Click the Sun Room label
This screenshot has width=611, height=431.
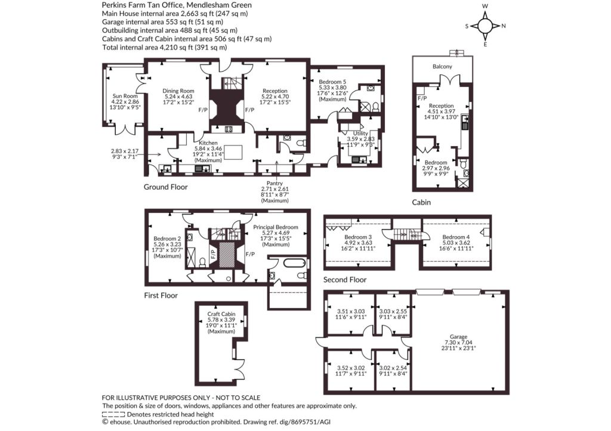point(125,96)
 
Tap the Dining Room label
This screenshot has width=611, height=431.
point(178,91)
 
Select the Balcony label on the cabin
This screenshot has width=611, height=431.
point(442,67)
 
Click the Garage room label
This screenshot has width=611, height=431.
point(458,337)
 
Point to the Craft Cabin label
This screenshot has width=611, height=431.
point(221,314)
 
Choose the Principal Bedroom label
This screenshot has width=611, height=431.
point(276,227)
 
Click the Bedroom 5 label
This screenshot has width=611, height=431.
point(332,82)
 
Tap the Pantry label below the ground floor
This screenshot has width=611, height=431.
point(274,183)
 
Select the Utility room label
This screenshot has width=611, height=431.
point(360,133)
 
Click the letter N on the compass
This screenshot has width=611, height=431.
point(504,26)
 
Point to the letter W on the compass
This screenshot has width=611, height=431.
point(485,6)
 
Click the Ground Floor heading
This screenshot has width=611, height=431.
point(166,187)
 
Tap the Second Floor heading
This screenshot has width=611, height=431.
point(345,280)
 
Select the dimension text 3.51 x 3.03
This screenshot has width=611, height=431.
point(351,311)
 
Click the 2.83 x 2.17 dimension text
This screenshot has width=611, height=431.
point(125,151)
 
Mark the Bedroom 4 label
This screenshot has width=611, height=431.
point(456,237)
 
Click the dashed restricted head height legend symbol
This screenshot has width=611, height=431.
point(113,415)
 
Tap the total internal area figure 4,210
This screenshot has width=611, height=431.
point(169,47)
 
